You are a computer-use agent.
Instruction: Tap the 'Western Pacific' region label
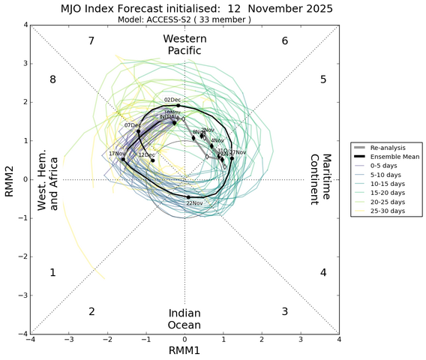[184, 44]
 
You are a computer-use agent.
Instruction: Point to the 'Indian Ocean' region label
[184, 319]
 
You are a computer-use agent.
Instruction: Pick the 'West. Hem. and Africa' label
[49, 180]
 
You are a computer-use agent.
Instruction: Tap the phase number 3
[285, 311]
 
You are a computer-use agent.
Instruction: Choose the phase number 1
[52, 272]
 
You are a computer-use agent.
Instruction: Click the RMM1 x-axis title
[184, 350]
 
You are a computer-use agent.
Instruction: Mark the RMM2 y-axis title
[8, 180]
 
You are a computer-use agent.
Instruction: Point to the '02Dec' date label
[172, 100]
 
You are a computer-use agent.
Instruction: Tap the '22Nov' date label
[194, 203]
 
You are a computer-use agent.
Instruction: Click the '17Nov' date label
[117, 154]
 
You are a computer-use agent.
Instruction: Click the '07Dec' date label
[133, 125]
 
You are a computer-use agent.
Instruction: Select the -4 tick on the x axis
[30, 340]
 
